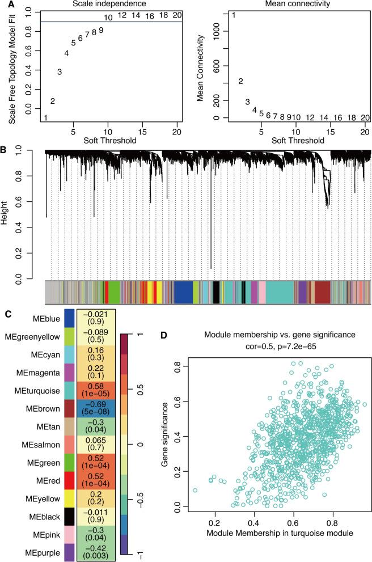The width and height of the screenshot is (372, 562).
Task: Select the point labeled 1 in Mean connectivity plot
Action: click(x=233, y=15)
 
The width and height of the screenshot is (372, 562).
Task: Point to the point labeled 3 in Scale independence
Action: click(x=59, y=71)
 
